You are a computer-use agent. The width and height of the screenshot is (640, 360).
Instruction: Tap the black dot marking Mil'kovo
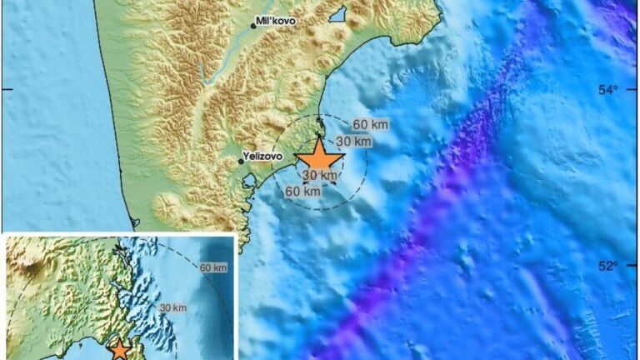(x=253, y=27)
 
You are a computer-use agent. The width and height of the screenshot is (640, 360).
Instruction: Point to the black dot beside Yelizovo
(x=241, y=162)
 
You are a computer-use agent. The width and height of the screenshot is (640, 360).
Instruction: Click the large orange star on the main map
(x=320, y=159)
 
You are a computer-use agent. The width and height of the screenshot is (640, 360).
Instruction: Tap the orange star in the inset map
(x=120, y=350)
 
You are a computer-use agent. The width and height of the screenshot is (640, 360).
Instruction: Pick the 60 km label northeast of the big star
(x=370, y=125)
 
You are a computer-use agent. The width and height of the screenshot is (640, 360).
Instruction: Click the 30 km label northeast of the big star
(x=353, y=142)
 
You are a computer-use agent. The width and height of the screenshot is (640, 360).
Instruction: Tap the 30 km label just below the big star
(x=320, y=176)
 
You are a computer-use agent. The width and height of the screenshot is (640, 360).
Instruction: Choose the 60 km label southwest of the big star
(x=303, y=192)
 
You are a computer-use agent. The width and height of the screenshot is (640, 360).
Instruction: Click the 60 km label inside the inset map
(x=213, y=267)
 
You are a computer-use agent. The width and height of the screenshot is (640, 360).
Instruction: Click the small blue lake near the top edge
(x=337, y=14)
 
